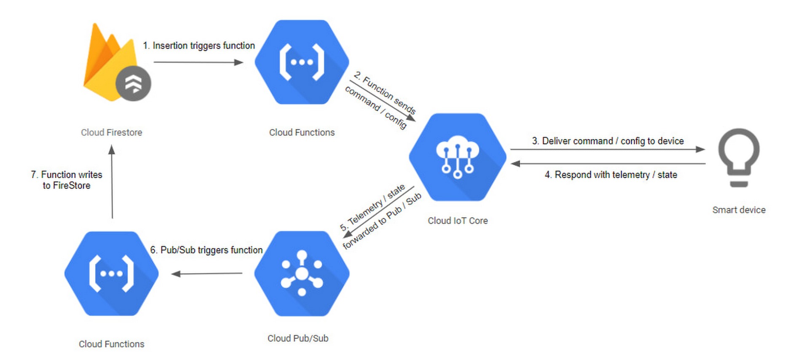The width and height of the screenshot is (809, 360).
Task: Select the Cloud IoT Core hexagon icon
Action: [458, 157]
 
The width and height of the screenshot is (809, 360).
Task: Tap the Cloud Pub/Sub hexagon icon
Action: [302, 273]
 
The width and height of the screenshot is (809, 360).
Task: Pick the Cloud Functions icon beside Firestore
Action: [302, 62]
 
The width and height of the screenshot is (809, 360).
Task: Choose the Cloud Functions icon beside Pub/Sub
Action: [111, 273]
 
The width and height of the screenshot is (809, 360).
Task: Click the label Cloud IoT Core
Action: [458, 220]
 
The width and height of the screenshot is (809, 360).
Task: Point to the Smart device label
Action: [739, 210]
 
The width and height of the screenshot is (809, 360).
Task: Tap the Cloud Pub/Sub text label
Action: [297, 338]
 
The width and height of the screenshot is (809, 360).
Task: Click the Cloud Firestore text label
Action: [111, 132]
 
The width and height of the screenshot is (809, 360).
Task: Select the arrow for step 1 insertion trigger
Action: [198, 62]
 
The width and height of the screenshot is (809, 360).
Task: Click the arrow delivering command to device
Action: [607, 149]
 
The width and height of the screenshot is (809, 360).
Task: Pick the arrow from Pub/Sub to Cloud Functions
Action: [207, 274]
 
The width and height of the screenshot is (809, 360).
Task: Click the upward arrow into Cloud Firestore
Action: [112, 182]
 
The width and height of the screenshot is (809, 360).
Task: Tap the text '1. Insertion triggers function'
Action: [199, 46]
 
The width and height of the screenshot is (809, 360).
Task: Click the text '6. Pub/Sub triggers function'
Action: [206, 250]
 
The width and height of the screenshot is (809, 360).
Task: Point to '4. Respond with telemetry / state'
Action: [611, 175]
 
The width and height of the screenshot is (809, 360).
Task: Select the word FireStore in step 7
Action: [72, 185]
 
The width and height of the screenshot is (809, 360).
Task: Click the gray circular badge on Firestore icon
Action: [133, 83]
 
